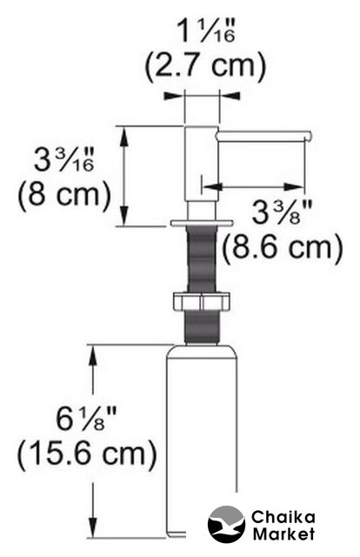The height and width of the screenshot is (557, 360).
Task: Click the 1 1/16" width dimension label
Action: pos(205,31)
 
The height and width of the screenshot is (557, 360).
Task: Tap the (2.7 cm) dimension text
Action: pos(205,66)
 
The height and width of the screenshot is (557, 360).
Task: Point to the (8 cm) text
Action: pos(63,194)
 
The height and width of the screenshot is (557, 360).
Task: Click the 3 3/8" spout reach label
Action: pos(282,213)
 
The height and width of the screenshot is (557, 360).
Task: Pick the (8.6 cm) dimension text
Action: pos(283,247)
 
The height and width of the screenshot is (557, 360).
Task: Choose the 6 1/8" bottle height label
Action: pos(86,419)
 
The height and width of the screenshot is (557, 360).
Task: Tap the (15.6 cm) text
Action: pos(87,454)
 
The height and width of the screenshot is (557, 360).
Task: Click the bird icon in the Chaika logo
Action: pos(226,524)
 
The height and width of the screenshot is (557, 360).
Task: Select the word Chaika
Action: pos(283,517)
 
